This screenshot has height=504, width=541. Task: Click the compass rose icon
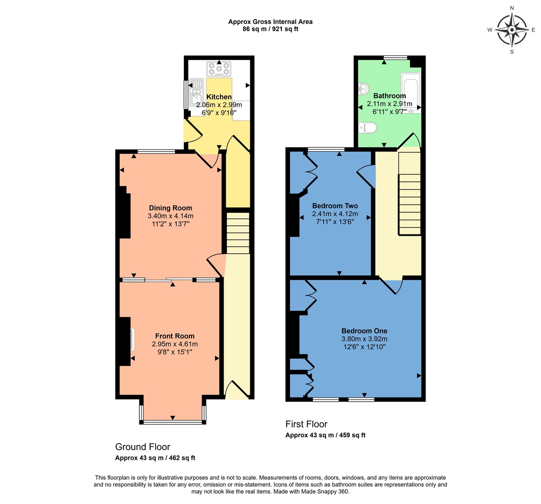coord(512,30)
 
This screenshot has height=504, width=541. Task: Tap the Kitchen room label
coord(219,97)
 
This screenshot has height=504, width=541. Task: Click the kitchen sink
coord(197,94)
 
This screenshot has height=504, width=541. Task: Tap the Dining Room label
coord(170,208)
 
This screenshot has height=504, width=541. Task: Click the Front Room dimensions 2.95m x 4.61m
coord(175,344)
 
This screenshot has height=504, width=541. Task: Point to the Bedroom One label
coord(364,331)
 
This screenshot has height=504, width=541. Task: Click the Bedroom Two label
coord(335,206)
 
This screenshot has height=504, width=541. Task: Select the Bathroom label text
coord(390,96)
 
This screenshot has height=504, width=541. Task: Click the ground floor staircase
coord(238,233)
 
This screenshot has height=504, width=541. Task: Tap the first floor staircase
coord(409,194)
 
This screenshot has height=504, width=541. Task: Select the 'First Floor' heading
coord(306,424)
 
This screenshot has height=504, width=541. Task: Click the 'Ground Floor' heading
coord(142,447)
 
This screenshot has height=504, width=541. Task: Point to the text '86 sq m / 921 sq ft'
coord(270,29)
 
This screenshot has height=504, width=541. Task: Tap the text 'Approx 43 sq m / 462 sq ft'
coord(155,458)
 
